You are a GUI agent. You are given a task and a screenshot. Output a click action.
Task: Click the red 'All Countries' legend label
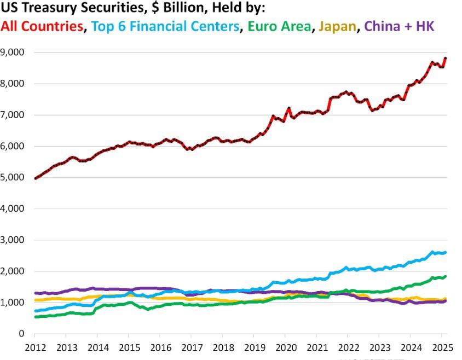[x=43, y=26]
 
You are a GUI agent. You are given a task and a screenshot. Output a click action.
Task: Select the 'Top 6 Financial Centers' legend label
[x=166, y=26]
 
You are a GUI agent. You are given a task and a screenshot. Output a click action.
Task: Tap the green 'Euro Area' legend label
[x=279, y=26]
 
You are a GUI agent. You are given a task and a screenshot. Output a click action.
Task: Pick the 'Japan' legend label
[x=336, y=26]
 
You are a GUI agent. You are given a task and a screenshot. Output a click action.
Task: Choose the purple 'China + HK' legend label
[x=399, y=26]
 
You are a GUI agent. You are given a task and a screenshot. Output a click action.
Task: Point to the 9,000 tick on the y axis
[x=15, y=53]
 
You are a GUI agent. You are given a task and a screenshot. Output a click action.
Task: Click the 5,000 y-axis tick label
[x=15, y=177]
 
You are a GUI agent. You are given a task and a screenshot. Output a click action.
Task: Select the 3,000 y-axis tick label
[x=15, y=240]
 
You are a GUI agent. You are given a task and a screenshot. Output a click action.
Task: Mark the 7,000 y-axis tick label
[x=15, y=115]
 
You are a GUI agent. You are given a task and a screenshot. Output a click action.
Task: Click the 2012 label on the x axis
[x=36, y=347]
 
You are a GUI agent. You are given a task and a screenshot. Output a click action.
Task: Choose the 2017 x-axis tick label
[x=191, y=347]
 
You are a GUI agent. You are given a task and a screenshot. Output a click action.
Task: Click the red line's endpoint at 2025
[x=446, y=58]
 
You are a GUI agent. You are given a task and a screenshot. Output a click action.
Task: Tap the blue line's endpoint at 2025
[x=446, y=252]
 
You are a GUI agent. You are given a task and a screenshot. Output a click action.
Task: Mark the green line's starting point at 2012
[x=36, y=317]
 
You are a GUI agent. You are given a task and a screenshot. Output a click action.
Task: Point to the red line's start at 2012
[x=36, y=178]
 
